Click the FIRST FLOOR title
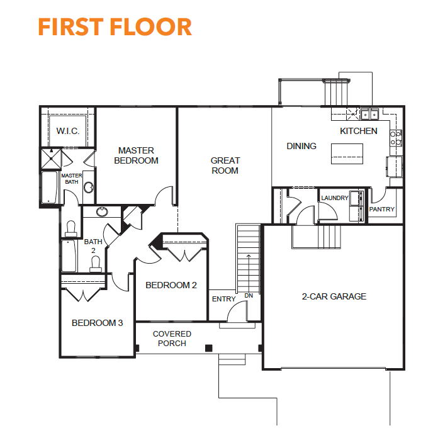(115, 27)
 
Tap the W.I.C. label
(68, 131)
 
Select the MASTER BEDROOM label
(136, 155)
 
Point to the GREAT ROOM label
(225, 165)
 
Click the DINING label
(301, 146)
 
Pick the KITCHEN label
(358, 131)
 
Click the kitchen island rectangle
(347, 154)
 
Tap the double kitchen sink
(369, 115)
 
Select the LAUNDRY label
(335, 198)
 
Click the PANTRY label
(382, 210)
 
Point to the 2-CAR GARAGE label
(334, 296)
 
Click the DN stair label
(249, 296)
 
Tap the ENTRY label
(224, 299)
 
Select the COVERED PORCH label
(172, 339)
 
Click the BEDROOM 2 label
(171, 285)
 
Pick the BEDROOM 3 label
(97, 323)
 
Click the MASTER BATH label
(72, 179)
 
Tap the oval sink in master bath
(89, 187)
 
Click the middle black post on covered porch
(208, 348)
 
